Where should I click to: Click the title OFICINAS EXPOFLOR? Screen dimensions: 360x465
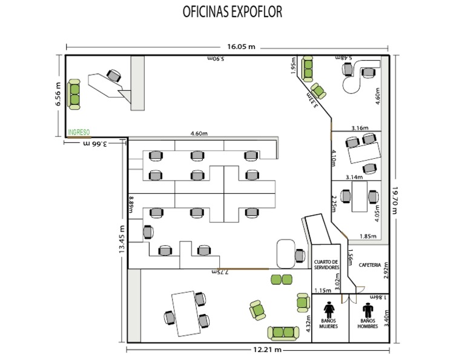point(232,13)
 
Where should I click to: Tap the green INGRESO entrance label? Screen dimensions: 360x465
point(79,132)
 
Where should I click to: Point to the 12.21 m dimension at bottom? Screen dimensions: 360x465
point(266,350)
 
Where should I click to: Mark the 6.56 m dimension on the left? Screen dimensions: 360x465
point(58,95)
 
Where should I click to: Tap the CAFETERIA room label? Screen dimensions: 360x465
point(370,265)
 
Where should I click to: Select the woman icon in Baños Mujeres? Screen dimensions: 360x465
point(329,310)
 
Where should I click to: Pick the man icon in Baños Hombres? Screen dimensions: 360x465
point(368,310)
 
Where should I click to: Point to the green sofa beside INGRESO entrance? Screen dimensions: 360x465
point(74,95)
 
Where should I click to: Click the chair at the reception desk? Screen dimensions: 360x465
point(113,75)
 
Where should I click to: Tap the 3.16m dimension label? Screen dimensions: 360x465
point(360,128)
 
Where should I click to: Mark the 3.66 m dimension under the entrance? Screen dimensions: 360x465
point(96,144)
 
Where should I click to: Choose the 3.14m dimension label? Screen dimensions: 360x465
point(354,178)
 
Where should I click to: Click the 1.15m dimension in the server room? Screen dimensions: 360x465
point(323,290)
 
